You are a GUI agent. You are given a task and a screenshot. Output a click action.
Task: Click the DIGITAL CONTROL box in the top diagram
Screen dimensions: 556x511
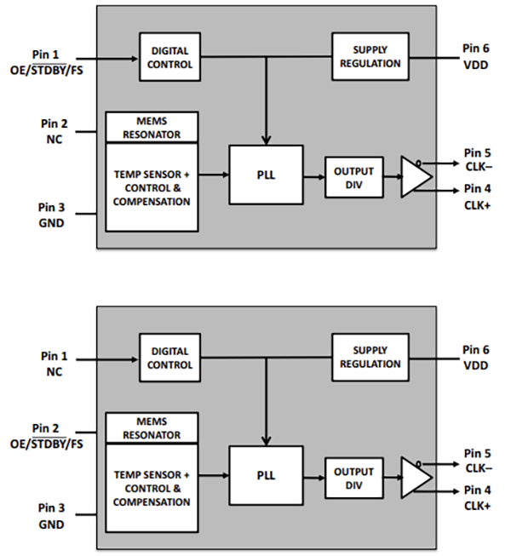[x=171, y=57]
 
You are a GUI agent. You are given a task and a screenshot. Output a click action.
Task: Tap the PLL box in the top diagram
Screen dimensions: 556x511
[x=266, y=175]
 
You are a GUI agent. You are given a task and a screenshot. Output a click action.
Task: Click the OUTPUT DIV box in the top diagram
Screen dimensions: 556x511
[x=353, y=176]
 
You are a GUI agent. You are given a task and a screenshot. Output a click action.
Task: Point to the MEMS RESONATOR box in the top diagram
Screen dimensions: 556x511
[x=151, y=127]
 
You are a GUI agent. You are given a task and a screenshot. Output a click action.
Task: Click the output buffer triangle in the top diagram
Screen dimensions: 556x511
[x=415, y=176]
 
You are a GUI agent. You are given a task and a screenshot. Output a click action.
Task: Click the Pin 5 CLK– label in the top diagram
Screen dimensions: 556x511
[x=478, y=159]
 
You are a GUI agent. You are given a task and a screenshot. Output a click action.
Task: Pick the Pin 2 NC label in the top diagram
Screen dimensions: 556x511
[x=54, y=129]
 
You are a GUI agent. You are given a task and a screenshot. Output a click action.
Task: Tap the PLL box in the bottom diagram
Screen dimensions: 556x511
[x=266, y=475]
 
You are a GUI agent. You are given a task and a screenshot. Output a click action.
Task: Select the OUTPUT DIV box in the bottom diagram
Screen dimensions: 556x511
[x=353, y=478]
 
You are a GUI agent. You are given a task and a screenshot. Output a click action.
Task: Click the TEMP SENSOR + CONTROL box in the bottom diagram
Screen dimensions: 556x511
[x=151, y=488]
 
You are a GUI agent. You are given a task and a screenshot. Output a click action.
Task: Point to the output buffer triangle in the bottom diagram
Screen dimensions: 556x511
[x=415, y=477]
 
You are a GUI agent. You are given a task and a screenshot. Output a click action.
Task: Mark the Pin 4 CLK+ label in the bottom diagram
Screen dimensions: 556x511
[x=478, y=498]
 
